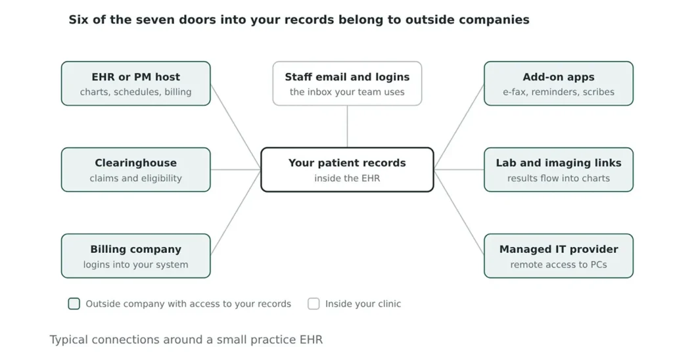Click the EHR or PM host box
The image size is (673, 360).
135,83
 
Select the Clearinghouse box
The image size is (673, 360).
135,169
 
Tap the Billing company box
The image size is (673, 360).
135,256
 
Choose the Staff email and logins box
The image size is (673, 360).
347,83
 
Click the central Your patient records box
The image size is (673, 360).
347,169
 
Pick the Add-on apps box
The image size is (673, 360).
559,83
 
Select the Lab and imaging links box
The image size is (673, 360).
559,169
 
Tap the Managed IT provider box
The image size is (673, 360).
559,256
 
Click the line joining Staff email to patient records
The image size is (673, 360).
347,127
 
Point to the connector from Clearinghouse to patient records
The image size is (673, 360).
236,169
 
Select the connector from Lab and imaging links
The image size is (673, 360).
459,169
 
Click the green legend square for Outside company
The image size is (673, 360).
74,304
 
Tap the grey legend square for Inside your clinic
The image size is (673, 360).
313,304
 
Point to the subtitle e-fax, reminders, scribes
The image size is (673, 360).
559,92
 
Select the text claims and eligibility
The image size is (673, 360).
135,178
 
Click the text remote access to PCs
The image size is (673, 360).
559,264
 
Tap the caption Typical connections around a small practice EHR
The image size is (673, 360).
186,340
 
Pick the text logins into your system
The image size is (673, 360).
135,264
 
